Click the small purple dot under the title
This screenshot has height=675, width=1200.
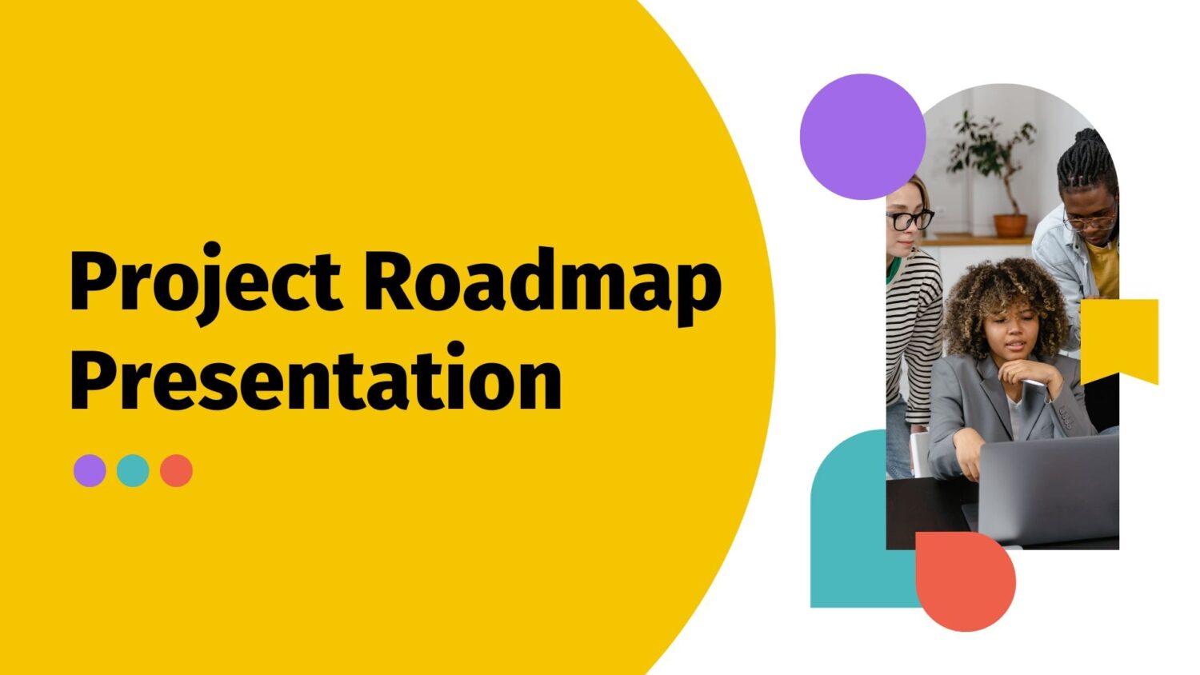[x=90, y=471]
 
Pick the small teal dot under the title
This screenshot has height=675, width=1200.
[x=133, y=471]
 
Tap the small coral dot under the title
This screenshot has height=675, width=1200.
[x=176, y=471]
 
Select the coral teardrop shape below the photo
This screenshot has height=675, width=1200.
[x=966, y=582]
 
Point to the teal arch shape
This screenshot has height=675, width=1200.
[x=848, y=520]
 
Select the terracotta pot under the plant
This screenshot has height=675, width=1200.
[x=1010, y=225]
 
